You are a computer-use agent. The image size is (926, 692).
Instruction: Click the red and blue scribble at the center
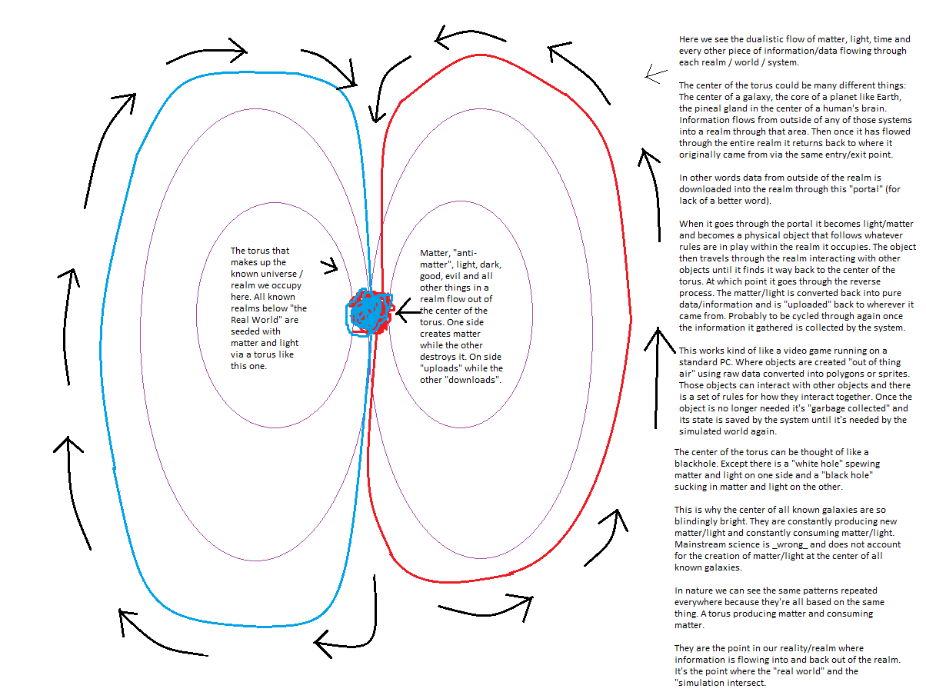[x=370, y=312]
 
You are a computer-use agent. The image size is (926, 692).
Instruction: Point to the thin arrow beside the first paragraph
[x=655, y=75]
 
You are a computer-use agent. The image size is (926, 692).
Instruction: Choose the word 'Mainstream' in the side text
[x=698, y=544]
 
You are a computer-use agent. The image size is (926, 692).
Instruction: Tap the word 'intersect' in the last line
[x=746, y=682]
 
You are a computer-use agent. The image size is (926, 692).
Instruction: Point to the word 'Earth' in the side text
[x=889, y=97]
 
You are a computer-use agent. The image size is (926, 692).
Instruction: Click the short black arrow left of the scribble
[x=329, y=266]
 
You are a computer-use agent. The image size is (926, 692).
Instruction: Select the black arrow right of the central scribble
[x=408, y=311]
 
